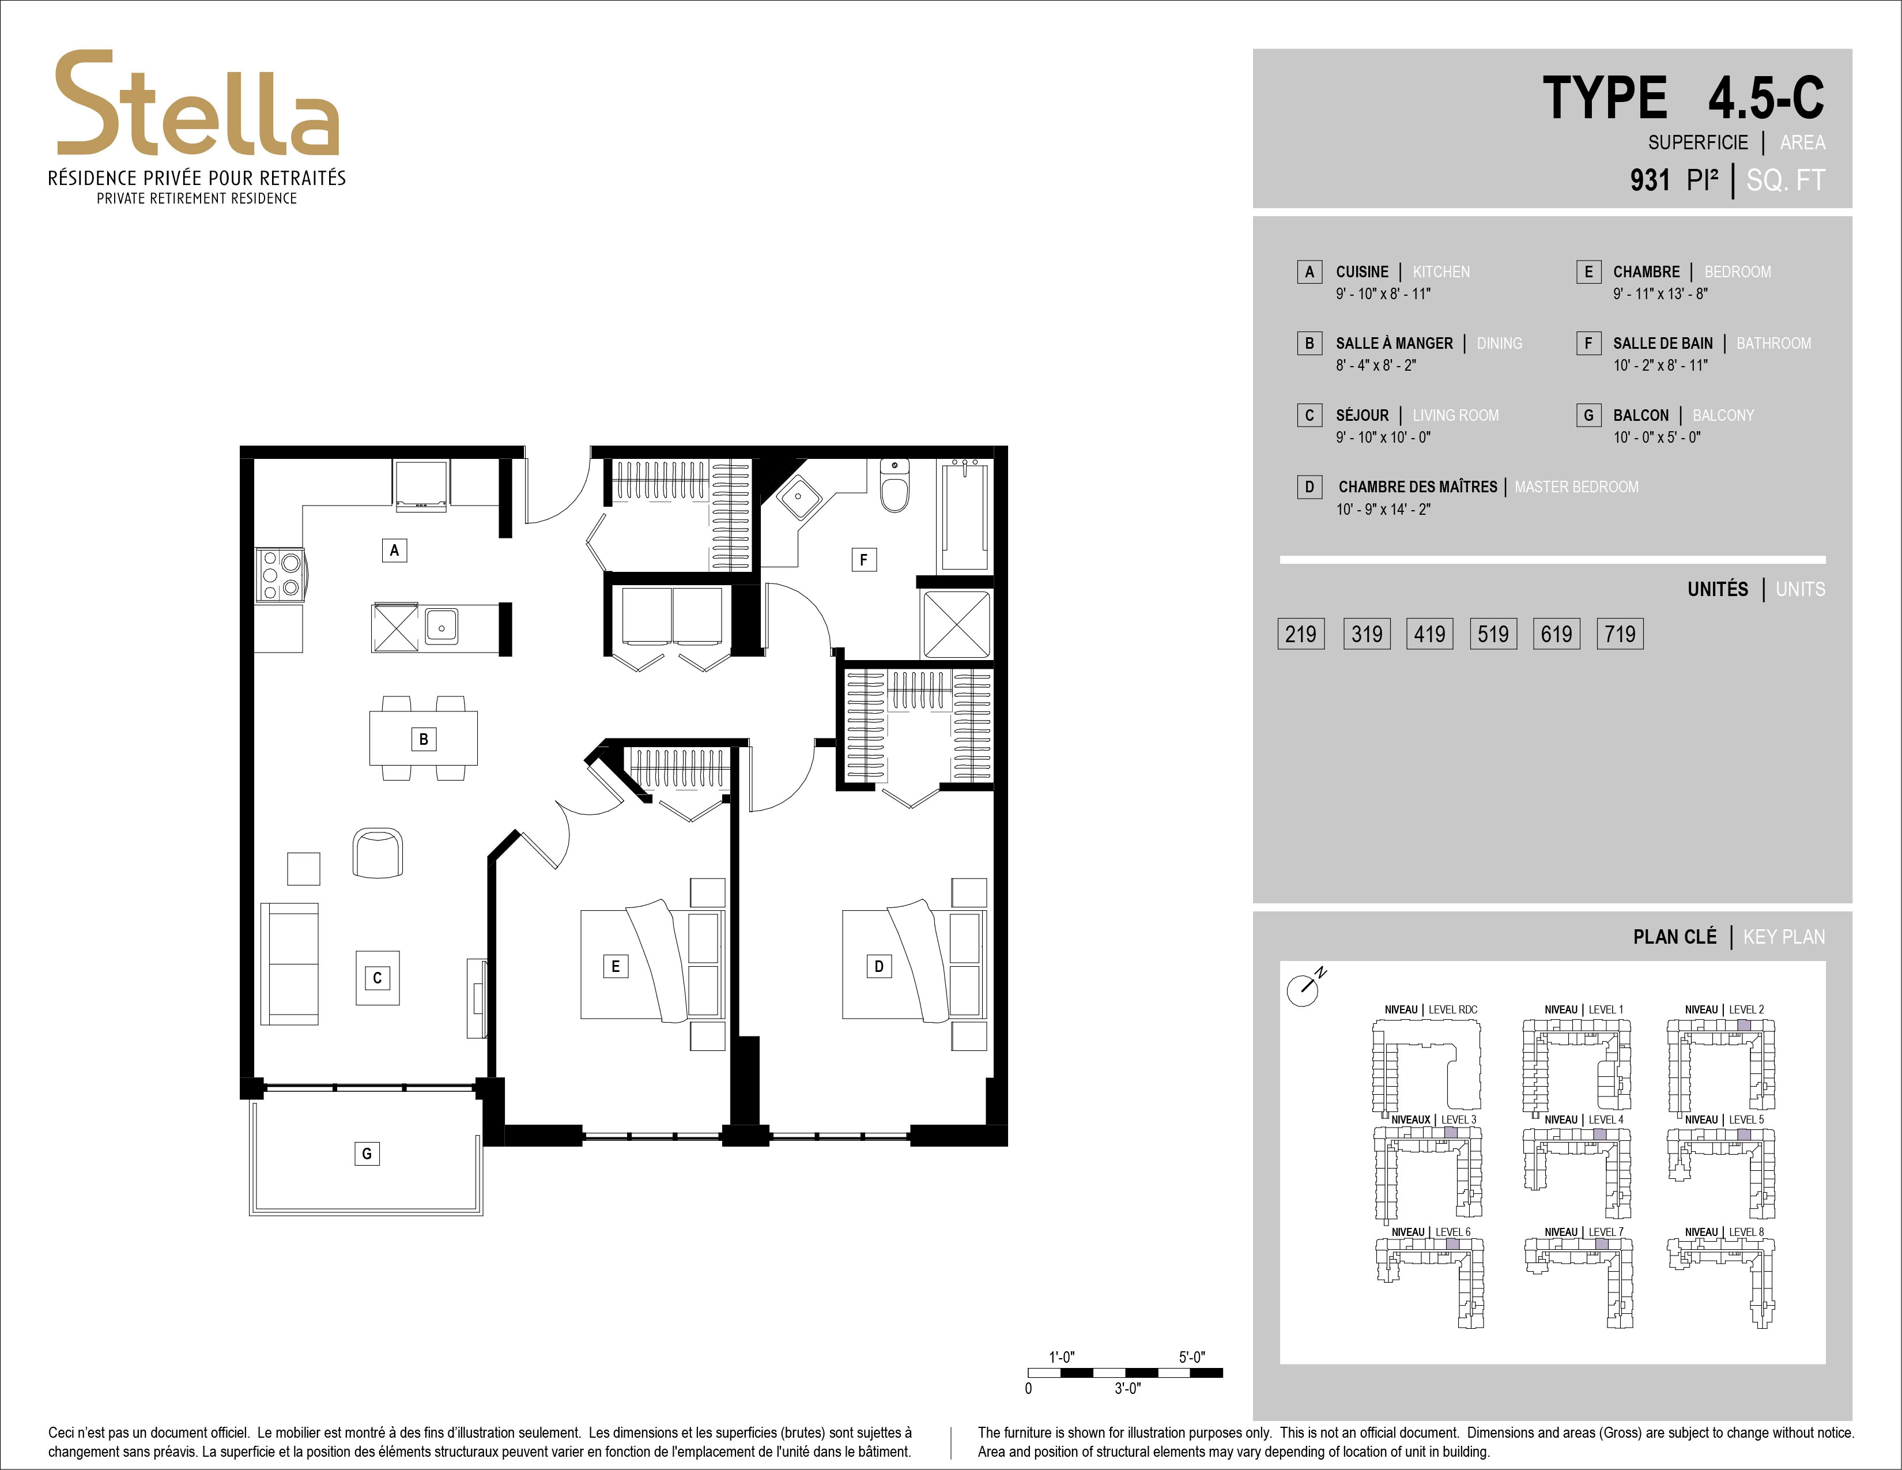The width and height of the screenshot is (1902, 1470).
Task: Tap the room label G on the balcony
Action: [367, 1154]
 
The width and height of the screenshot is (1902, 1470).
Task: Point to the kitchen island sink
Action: [441, 626]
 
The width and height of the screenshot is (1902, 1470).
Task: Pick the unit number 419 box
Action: [1430, 634]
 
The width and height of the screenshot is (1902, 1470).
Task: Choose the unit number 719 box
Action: [1620, 634]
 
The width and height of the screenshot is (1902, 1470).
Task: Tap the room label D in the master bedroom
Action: [879, 966]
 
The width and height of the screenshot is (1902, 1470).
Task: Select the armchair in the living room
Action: [378, 853]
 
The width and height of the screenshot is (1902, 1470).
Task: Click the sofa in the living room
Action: [290, 964]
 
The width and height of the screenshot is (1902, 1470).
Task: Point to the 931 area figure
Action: [1650, 180]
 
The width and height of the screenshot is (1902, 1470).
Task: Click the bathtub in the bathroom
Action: [965, 515]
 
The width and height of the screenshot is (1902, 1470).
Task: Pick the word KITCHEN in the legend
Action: [1441, 272]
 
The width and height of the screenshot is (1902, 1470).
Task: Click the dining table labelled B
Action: [423, 738]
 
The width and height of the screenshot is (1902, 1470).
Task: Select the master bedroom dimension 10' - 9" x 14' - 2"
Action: [1383, 510]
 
